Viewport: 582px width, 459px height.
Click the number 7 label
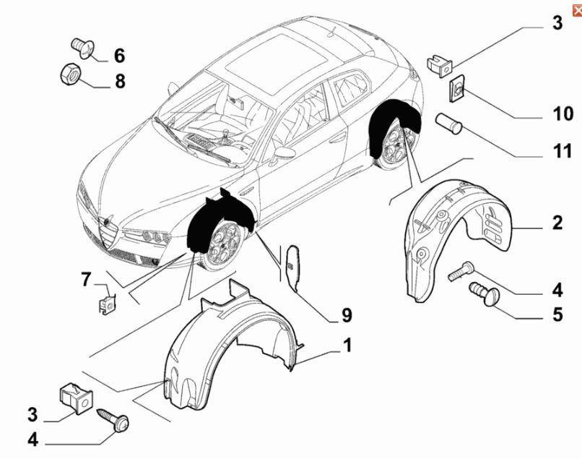point(86,279)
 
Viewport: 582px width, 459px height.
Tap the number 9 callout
point(347,315)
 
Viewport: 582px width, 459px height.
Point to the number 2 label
point(557,223)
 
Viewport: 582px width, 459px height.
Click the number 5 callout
point(557,315)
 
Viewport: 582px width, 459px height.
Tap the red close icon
point(576,6)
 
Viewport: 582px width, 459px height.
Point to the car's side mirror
point(284,153)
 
